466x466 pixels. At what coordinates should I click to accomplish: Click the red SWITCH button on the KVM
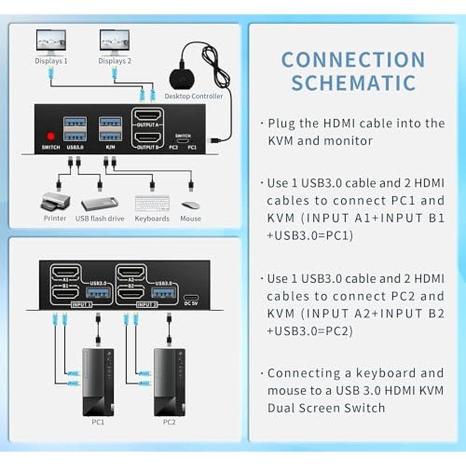click(x=51, y=137)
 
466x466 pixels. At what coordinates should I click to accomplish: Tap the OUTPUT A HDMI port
click(x=148, y=115)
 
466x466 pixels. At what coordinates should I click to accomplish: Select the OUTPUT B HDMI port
click(x=148, y=137)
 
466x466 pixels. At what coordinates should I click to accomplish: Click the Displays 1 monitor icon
click(x=51, y=42)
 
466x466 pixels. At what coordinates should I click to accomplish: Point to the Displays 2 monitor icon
click(x=115, y=42)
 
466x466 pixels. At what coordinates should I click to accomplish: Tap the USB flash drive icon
click(x=100, y=203)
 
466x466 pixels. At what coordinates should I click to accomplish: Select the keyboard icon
click(x=152, y=203)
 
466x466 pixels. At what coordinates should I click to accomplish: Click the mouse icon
click(x=191, y=205)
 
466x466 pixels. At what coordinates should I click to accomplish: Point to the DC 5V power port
click(x=191, y=297)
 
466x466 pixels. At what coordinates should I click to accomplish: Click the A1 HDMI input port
click(x=66, y=272)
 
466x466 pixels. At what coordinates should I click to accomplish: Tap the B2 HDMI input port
click(x=131, y=294)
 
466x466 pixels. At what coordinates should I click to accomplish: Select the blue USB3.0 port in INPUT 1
click(x=98, y=293)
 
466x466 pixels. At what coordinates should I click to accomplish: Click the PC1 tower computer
click(x=98, y=383)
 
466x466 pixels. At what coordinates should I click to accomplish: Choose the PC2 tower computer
click(x=170, y=383)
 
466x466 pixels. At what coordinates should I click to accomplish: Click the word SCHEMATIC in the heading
click(x=354, y=83)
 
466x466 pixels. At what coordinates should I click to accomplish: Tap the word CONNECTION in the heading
click(x=353, y=60)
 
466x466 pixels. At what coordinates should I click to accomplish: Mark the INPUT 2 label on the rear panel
click(x=147, y=305)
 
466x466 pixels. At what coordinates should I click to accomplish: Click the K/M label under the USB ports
click(x=110, y=147)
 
